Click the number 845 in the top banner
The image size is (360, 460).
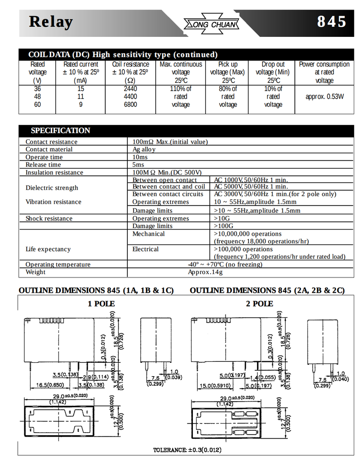coord(331,22)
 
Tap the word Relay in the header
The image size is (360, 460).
coord(51,22)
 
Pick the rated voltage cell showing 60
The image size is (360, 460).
coord(38,104)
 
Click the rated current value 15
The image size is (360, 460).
coord(81,89)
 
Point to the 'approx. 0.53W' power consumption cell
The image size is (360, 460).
coord(325,96)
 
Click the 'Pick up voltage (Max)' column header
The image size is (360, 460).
coord(228,72)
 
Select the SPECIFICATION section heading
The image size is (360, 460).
coord(60,130)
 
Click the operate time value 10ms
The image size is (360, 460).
coord(140,157)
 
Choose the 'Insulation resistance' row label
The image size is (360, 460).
coord(54,172)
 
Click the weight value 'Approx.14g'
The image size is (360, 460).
coord(205,272)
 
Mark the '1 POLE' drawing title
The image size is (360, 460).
coord(101,303)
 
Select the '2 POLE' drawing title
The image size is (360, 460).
coord(259,303)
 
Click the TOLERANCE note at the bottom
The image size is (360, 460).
coord(187,450)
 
